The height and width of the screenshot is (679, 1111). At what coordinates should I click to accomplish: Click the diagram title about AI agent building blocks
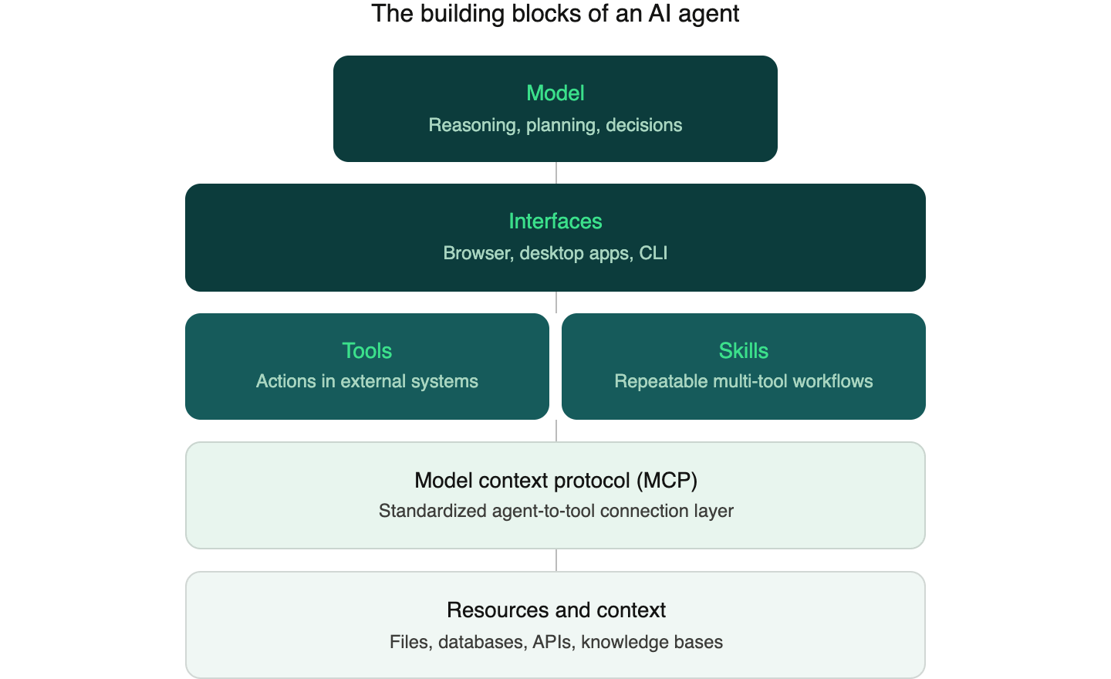tap(555, 13)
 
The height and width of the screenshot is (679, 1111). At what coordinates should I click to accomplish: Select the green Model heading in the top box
tap(555, 93)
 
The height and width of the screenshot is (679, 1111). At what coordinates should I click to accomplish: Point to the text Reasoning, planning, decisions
tap(555, 125)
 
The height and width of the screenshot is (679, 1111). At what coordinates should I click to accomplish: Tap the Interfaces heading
tap(555, 221)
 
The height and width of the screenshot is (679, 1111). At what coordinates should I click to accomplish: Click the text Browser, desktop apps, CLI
tap(555, 253)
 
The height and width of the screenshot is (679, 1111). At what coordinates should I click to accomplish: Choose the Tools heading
tap(367, 351)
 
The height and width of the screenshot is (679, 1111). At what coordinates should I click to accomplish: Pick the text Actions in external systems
tap(367, 381)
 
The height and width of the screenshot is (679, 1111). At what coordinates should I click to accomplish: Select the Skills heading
tap(744, 351)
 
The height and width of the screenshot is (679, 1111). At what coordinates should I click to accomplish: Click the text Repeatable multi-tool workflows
tap(744, 381)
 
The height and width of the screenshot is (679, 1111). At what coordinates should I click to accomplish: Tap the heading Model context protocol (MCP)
tap(555, 481)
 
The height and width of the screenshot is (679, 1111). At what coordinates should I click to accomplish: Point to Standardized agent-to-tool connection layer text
tap(555, 511)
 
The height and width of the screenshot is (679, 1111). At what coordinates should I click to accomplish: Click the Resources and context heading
tap(555, 610)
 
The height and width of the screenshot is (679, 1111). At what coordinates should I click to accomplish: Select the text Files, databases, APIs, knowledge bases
tap(555, 642)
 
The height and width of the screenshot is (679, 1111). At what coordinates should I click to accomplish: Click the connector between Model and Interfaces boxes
tap(556, 173)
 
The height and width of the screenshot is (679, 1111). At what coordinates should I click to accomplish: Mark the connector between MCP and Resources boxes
tap(556, 560)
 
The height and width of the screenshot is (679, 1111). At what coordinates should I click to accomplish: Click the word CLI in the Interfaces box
tap(653, 253)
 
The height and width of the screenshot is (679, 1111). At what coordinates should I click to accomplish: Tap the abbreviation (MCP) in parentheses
tap(667, 481)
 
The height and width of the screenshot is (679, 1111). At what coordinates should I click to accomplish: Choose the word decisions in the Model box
tap(643, 125)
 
